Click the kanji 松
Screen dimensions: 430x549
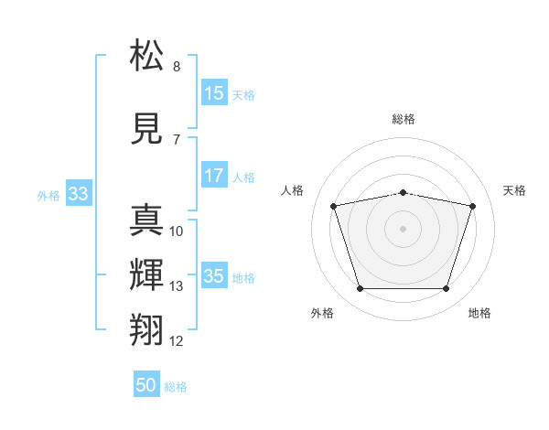[146, 56]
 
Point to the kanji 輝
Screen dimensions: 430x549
[146, 275]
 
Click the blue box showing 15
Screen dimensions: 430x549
[214, 93]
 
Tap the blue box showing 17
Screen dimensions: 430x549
[214, 176]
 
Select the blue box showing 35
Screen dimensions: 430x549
[214, 276]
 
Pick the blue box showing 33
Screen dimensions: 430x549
[78, 194]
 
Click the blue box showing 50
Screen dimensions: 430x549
[146, 385]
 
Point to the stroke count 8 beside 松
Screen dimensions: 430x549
[177, 67]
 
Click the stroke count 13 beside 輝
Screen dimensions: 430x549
[177, 286]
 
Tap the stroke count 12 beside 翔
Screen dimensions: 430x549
[177, 341]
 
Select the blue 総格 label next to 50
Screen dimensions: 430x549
[176, 387]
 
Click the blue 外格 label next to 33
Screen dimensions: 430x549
[48, 195]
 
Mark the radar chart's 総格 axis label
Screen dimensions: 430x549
[404, 119]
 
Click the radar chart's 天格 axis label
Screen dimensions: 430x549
[514, 190]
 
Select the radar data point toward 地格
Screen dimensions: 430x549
[446, 289]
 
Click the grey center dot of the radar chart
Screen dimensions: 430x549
[404, 229]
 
